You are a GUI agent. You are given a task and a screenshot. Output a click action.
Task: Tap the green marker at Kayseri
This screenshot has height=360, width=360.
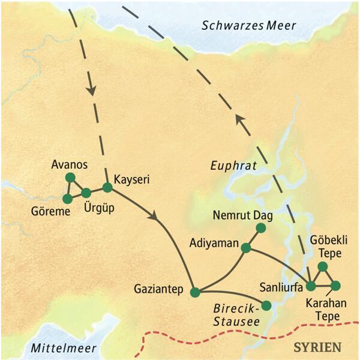click(107, 187)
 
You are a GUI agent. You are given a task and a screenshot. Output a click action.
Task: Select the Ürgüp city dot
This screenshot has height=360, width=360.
click(86, 193)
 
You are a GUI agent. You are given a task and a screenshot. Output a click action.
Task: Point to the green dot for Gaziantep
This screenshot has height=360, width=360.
click(194, 292)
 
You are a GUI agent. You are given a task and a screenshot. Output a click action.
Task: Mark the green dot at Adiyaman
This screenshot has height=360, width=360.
click(245, 247)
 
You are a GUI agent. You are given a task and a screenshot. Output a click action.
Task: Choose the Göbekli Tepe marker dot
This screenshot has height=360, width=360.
click(322, 266)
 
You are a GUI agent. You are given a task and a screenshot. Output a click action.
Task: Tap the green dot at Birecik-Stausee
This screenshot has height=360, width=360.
click(266, 305)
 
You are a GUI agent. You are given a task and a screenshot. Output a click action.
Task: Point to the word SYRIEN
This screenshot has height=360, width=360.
click(316, 347)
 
